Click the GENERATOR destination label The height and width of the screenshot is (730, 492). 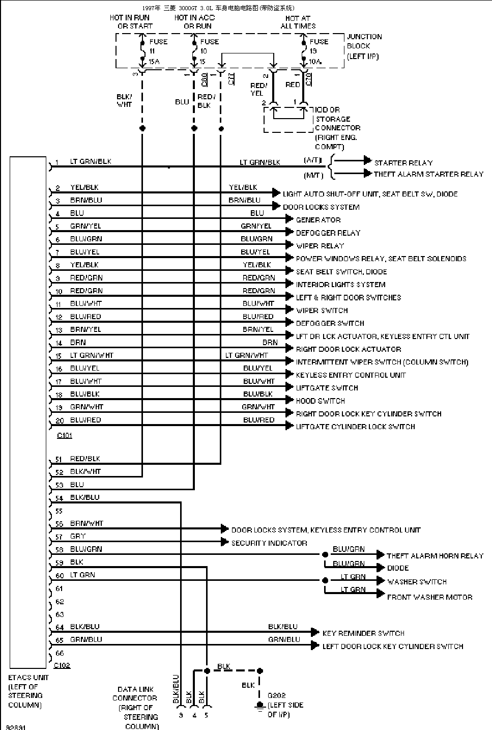(x=318, y=220)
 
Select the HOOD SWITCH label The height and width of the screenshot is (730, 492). (x=320, y=401)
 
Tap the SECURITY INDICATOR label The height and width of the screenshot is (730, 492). (x=269, y=543)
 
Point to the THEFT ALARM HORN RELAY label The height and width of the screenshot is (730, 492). (x=435, y=556)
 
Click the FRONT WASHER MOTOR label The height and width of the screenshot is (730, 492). (x=429, y=597)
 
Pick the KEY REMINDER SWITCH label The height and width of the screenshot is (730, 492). (x=363, y=633)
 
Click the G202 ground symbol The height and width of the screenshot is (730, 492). (x=259, y=706)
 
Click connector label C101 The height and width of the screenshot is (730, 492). (x=65, y=436)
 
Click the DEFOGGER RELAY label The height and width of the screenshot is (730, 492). (x=328, y=233)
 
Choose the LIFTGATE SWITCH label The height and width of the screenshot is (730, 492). (x=327, y=388)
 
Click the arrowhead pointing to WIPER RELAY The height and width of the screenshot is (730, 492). (x=290, y=245)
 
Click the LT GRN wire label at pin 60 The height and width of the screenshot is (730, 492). (x=82, y=575)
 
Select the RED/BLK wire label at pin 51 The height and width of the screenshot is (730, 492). (x=85, y=459)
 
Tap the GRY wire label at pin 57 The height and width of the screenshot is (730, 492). (x=78, y=536)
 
